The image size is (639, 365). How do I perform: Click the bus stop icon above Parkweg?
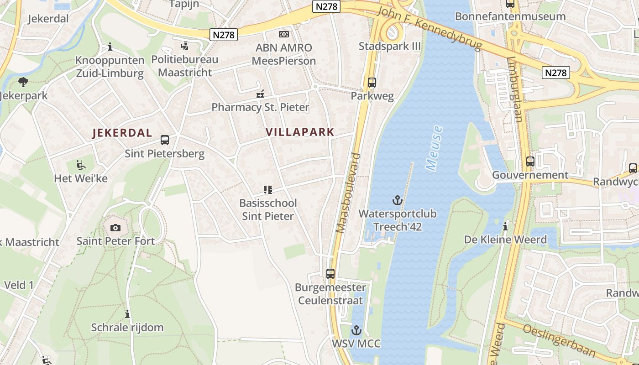(372, 83)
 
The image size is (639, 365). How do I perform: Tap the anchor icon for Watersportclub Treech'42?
(398, 200)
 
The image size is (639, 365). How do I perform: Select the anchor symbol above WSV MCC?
(356, 330)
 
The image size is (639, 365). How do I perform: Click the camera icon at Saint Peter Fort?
(115, 228)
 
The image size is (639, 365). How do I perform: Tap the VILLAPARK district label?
(300, 132)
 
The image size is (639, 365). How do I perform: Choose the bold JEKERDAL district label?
(122, 133)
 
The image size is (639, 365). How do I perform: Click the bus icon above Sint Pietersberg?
(165, 140)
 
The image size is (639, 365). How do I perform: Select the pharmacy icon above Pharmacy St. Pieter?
(260, 94)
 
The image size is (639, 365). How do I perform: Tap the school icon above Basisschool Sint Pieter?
(267, 190)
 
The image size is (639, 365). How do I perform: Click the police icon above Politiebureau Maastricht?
(185, 46)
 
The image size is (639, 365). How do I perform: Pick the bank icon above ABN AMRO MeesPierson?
(284, 34)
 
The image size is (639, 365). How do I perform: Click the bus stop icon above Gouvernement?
(530, 161)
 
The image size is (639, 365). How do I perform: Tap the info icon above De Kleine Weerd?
(505, 226)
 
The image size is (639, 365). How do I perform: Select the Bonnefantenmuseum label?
(510, 17)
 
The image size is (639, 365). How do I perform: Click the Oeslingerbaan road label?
(560, 341)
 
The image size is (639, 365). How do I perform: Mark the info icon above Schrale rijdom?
(127, 314)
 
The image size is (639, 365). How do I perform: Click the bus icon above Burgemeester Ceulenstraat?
(330, 274)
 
